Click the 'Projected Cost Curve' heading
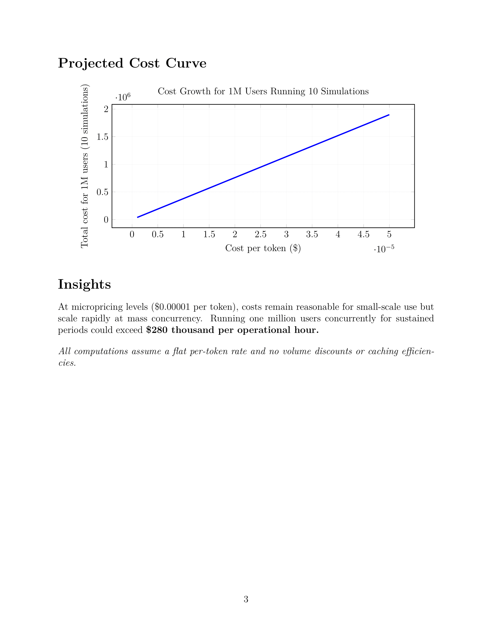132,63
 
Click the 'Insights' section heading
84,284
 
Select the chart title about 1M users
263,91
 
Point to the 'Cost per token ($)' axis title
263,248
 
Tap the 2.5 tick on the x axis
260,234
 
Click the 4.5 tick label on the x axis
364,234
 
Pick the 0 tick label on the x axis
132,234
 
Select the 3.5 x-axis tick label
312,234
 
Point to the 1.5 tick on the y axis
102,137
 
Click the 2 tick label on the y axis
106,109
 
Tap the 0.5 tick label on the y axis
102,192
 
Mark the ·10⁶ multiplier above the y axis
123,97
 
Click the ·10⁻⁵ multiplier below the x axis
384,249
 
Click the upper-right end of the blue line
389,115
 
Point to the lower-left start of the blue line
137,217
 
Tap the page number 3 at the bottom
246,599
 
